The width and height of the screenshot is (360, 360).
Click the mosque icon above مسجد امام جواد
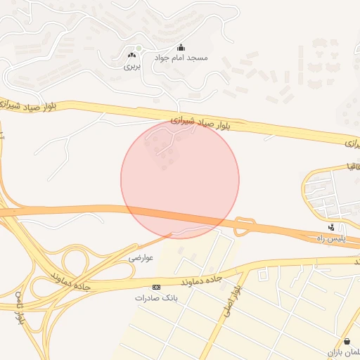[x=181, y=47]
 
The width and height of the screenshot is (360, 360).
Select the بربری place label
[x=133, y=67]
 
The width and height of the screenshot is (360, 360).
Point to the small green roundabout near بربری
[x=139, y=48]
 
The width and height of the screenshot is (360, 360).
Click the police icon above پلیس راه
[x=332, y=228]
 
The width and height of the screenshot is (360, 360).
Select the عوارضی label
[x=141, y=258]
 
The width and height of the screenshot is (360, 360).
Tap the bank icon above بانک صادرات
[x=156, y=287]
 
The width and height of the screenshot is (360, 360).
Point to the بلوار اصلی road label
[x=233, y=301]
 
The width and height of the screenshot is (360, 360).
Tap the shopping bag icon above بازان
[x=347, y=341]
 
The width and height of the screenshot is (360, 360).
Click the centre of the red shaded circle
[x=180, y=179]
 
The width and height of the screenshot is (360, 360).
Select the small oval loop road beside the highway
[x=244, y=226]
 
